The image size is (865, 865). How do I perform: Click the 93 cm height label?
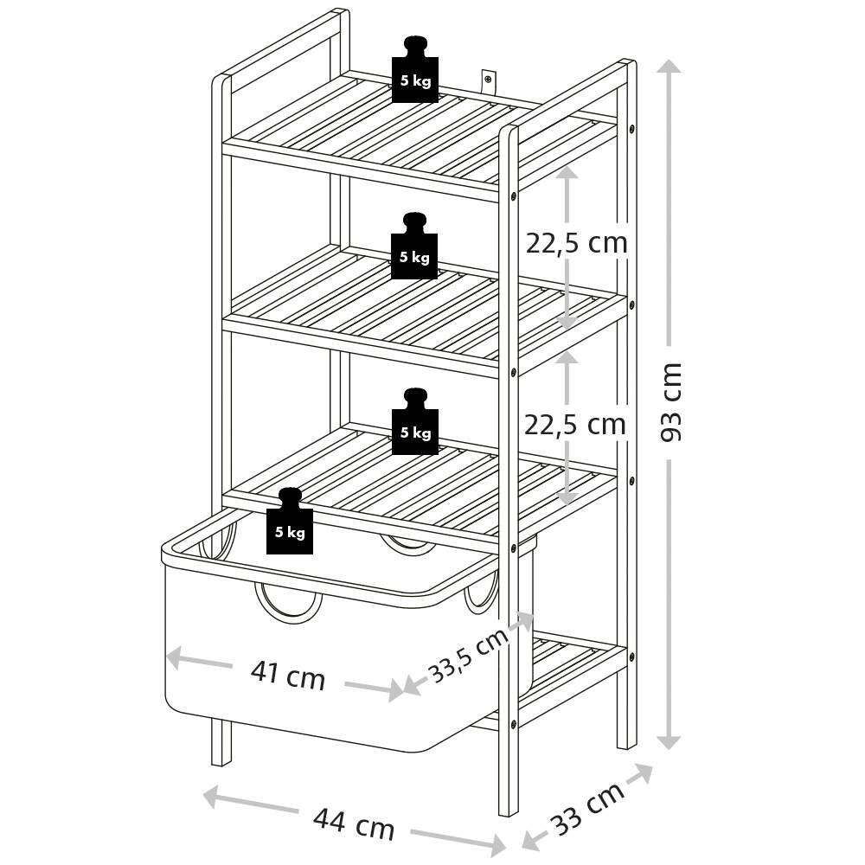(x=671, y=401)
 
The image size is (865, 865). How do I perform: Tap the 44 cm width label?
(x=354, y=823)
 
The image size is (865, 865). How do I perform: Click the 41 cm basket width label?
(x=287, y=676)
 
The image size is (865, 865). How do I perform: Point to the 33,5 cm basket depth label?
(x=468, y=656)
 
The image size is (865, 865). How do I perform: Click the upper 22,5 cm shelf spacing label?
(x=576, y=243)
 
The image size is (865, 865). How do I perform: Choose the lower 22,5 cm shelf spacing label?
(x=575, y=424)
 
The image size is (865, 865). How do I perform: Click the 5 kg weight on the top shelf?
(x=415, y=69)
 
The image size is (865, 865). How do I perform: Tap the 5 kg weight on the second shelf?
(x=414, y=246)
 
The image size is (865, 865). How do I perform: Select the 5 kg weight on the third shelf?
(x=415, y=421)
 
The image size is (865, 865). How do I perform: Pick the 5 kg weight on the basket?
(x=290, y=521)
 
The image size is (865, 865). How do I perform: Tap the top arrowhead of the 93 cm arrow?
(x=670, y=67)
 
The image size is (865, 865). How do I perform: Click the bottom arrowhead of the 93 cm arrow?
(x=670, y=741)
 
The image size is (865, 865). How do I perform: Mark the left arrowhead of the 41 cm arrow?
(x=174, y=657)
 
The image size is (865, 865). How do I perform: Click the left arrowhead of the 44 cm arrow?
(x=213, y=796)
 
